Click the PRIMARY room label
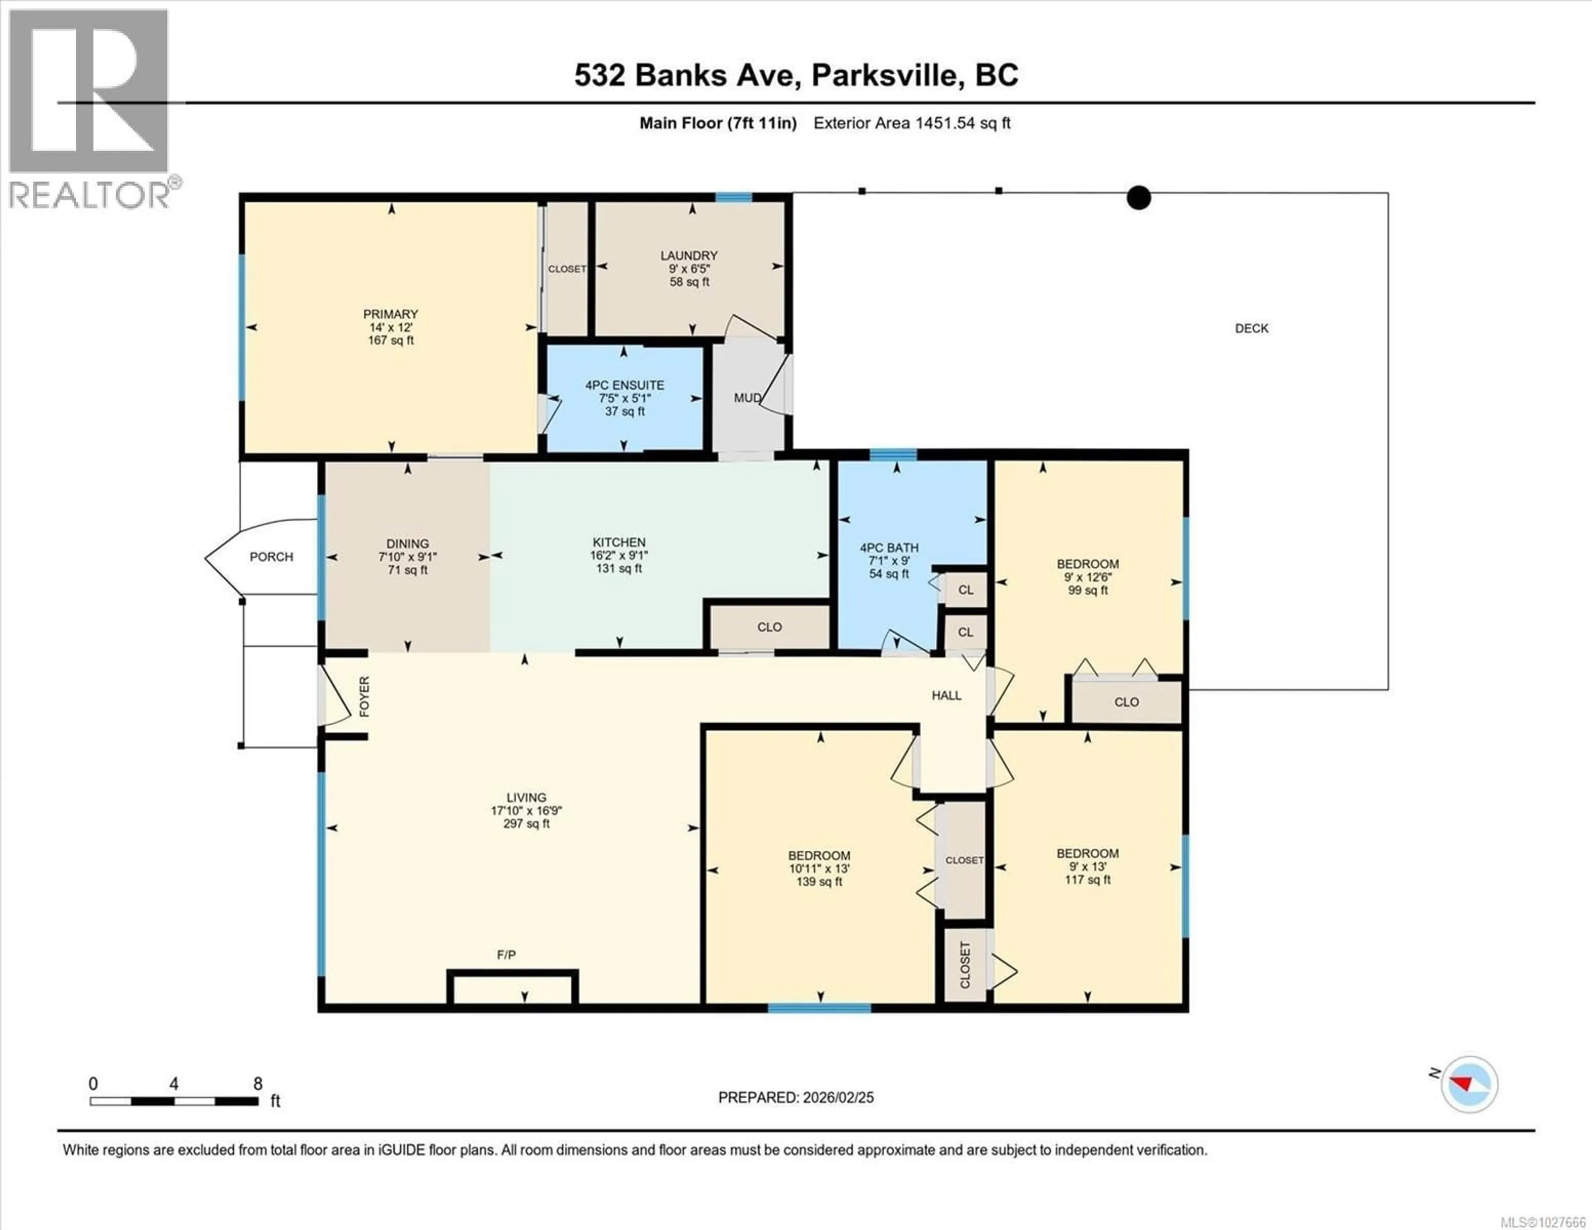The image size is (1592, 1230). [391, 314]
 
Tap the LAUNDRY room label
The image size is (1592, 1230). [689, 256]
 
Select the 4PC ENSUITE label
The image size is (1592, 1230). [625, 385]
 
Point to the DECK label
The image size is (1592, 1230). [1252, 329]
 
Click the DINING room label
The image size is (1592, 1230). [408, 544]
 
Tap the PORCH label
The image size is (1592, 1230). [271, 557]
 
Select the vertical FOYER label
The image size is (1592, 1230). [364, 696]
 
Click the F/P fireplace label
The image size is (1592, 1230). [507, 955]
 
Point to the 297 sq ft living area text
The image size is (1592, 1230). [526, 824]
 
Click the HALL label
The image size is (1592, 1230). [946, 696]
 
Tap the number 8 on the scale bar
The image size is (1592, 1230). [257, 1084]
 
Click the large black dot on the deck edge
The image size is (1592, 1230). [1138, 198]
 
